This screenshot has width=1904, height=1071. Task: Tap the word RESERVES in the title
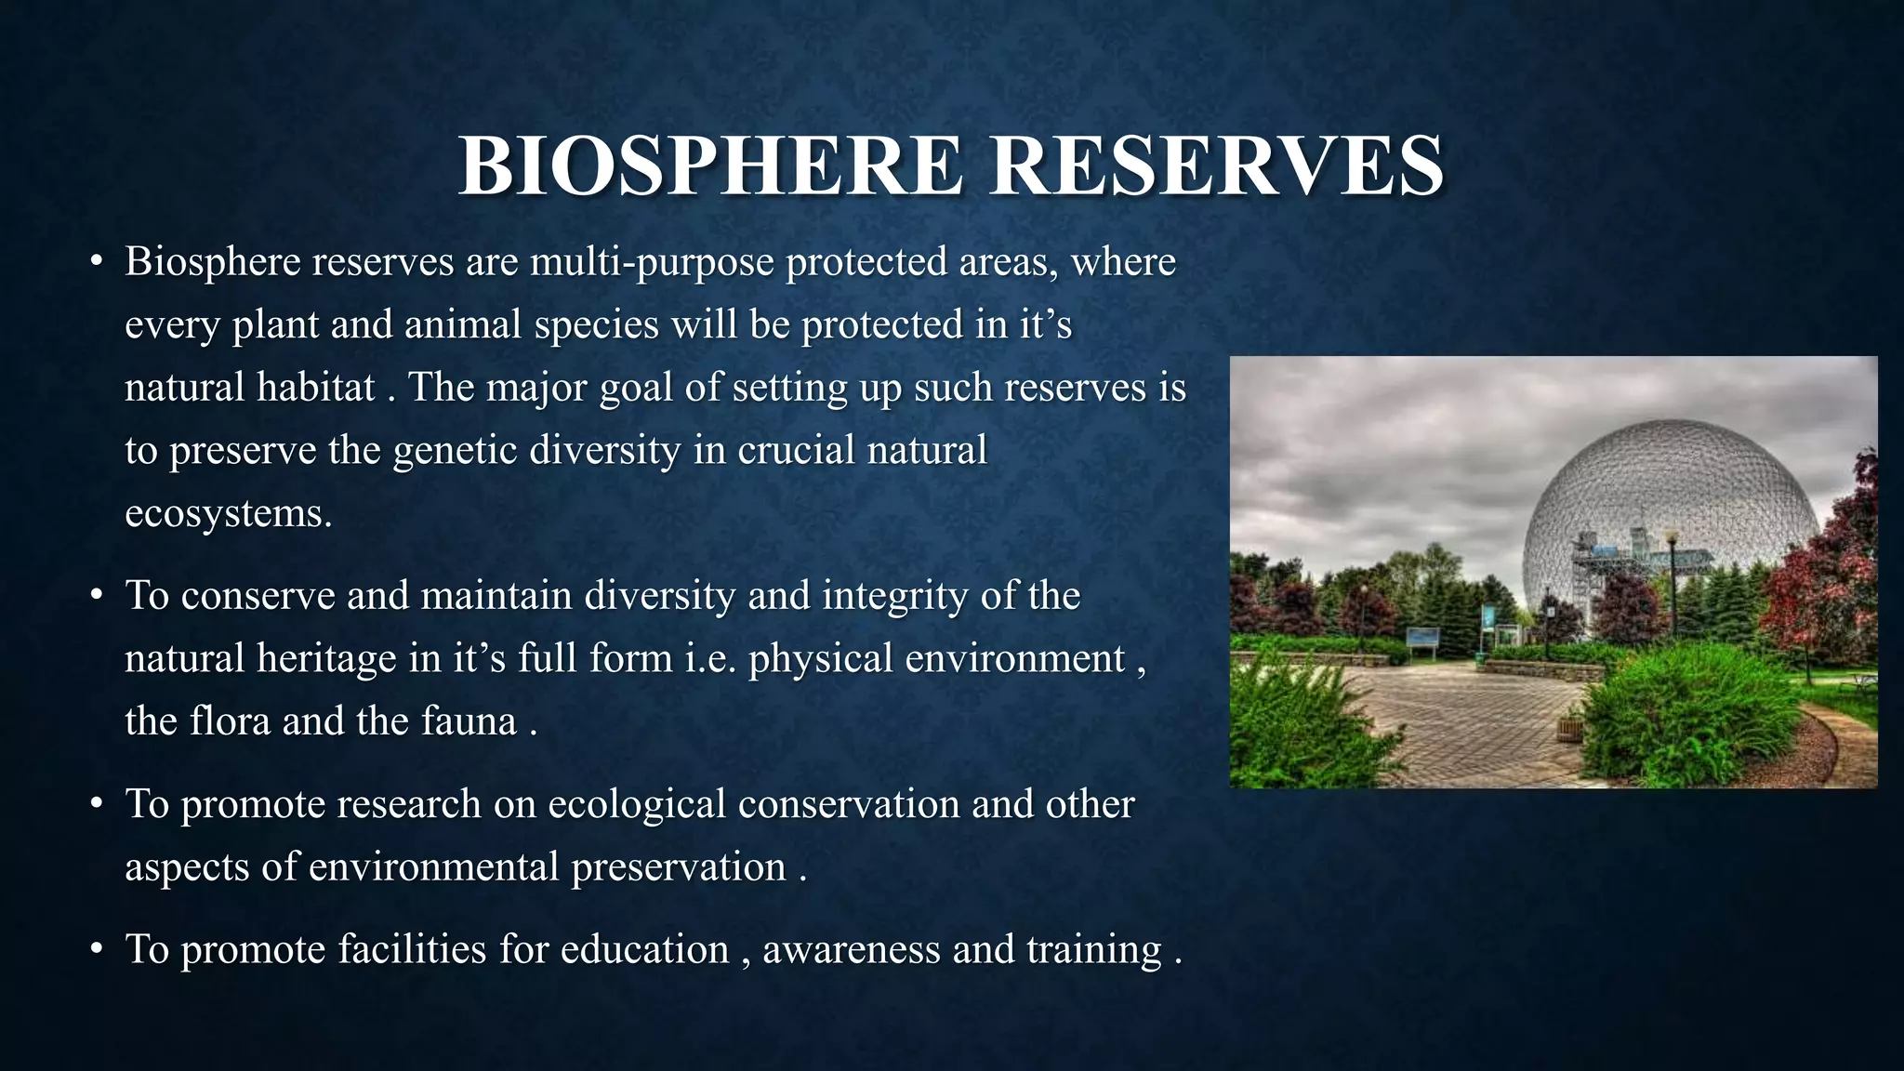[x=1217, y=166]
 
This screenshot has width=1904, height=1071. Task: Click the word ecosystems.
[x=228, y=513]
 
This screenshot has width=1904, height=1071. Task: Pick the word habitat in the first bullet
[x=316, y=388]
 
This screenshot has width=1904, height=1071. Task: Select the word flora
[x=231, y=721]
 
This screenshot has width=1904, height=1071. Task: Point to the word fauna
[x=469, y=721]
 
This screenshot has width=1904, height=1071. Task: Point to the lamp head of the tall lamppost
[x=1671, y=536]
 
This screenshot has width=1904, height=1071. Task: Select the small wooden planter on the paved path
[x=1568, y=728]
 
